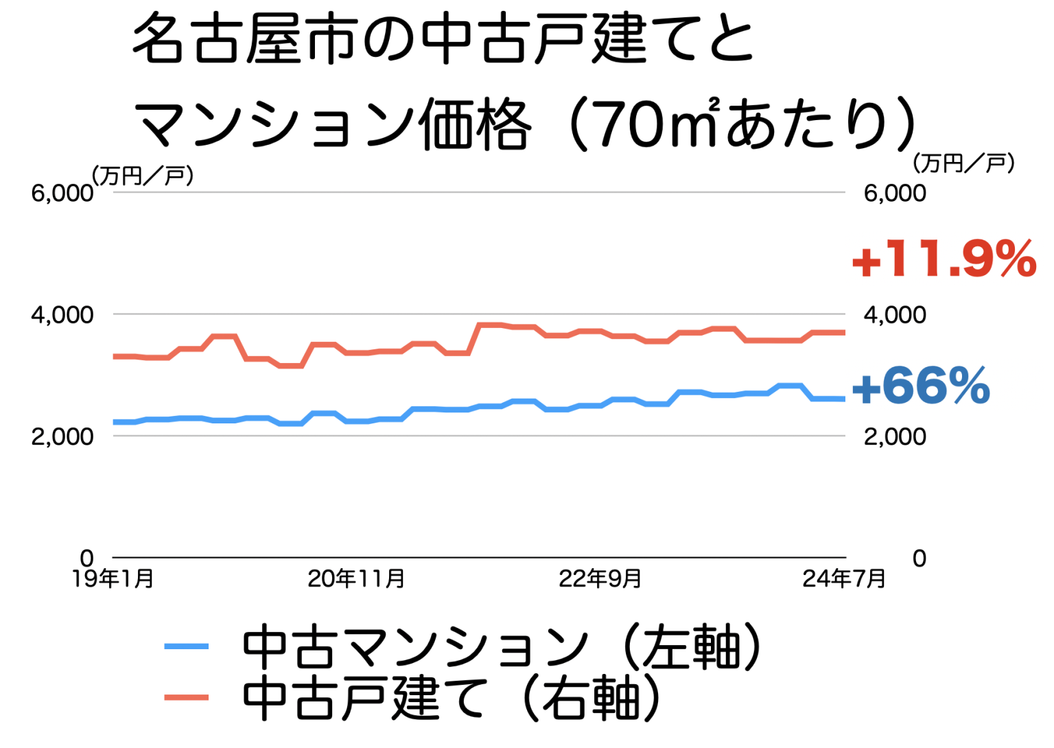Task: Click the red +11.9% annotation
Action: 944,259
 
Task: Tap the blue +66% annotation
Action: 921,386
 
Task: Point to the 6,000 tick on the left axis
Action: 62,194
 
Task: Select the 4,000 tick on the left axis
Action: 62,315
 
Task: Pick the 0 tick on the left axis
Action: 86,559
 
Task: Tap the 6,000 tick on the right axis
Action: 895,194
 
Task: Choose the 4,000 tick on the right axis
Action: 895,315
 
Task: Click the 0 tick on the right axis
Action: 919,559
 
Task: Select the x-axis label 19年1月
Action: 113,578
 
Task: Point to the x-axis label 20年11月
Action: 356,578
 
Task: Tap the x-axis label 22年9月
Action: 600,578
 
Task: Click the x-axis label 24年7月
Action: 844,578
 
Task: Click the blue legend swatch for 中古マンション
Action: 187,646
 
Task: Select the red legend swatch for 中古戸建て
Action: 187,697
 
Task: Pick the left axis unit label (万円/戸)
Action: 143,176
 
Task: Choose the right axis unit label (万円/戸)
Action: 963,163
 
